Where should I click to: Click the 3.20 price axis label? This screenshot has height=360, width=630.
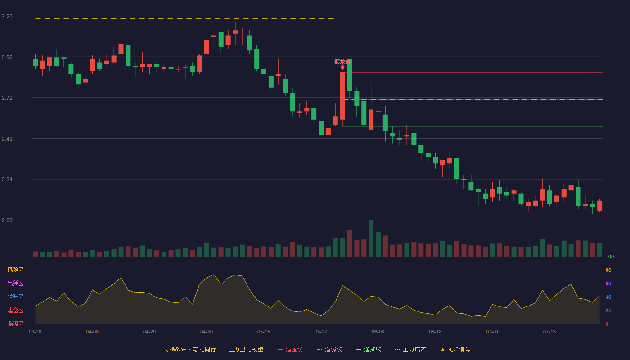[7, 17]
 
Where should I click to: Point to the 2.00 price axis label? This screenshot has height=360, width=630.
[7, 220]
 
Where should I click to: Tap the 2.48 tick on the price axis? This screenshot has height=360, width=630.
[7, 139]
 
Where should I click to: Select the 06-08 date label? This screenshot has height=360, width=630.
[378, 332]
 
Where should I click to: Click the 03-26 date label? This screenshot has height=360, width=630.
[35, 332]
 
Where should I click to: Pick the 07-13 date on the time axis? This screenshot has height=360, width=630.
[549, 332]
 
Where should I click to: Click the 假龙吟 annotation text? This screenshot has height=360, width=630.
[342, 62]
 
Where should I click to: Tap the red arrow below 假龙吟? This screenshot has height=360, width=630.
[342, 67]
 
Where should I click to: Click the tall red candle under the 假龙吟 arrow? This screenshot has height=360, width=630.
[342, 96]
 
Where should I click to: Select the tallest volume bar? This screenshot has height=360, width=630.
[371, 238]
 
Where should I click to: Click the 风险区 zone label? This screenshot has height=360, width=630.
[15, 270]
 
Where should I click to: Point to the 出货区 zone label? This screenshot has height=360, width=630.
[15, 283]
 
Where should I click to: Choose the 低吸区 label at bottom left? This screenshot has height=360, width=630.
[15, 324]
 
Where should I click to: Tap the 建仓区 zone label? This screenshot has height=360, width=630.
[15, 310]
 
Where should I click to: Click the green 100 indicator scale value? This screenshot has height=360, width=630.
[610, 256]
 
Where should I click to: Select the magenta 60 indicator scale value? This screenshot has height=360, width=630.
[608, 283]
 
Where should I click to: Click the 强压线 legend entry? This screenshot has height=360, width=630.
[290, 349]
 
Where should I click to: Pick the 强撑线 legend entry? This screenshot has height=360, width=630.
[369, 349]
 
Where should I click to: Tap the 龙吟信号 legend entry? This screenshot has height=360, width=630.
[455, 349]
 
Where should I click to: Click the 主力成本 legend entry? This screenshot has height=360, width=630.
[410, 349]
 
